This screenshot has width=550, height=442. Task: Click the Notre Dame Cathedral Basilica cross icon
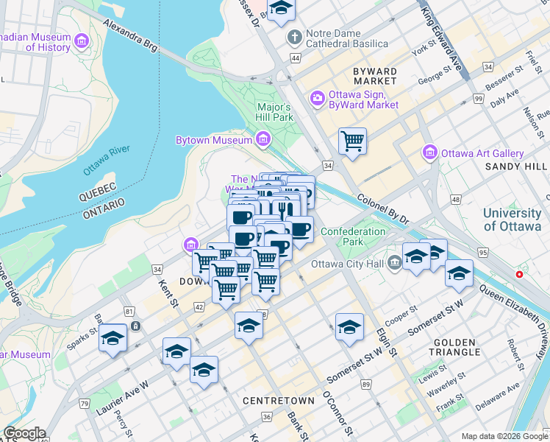pos(295,36)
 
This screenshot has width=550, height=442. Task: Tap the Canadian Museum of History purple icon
pos(81,38)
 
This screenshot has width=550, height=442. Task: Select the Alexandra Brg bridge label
pos(132,35)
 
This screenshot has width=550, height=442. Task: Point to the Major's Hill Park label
pos(274,111)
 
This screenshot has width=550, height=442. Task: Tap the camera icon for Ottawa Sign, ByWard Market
pos(318,97)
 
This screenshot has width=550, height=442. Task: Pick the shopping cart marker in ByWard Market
pos(353,140)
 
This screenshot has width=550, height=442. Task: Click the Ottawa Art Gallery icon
pos(430,153)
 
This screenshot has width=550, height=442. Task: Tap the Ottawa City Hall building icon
pos(395,261)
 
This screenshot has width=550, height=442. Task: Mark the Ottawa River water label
pos(107,160)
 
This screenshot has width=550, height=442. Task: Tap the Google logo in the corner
pos(24,433)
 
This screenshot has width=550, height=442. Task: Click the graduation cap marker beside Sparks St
pos(113,337)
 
